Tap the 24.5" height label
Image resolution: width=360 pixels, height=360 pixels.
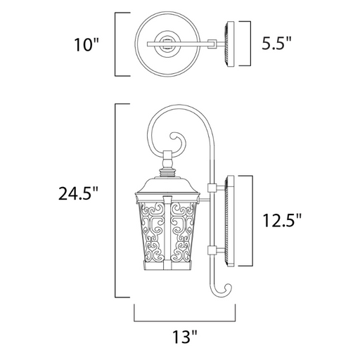(x=78, y=193)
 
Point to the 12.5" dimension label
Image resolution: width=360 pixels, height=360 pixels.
(x=282, y=220)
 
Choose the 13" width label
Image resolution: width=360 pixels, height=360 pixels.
(x=185, y=337)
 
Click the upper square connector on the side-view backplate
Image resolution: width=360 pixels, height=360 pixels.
(x=212, y=187)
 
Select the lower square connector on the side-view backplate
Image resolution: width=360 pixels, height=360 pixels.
(x=212, y=250)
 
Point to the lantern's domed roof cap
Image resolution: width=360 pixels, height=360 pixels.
(x=167, y=185)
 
